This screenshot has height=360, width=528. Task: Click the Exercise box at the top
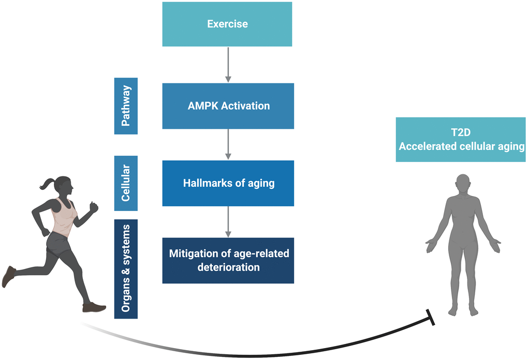point(227,24)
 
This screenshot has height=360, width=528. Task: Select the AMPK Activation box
point(228,106)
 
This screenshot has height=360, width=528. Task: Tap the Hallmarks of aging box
point(228,183)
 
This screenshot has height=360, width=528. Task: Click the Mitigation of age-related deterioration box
point(228,260)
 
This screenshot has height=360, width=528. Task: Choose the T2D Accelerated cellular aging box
point(461,140)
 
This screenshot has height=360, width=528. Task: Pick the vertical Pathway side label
point(126,106)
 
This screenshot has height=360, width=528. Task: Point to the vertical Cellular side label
point(126,183)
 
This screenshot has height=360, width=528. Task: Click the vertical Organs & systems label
point(126,268)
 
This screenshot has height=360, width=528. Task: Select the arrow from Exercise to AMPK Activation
point(228,65)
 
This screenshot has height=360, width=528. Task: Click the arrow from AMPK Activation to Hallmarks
point(228,144)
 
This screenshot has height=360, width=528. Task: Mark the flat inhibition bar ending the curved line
point(430,317)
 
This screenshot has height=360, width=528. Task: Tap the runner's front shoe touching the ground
point(95,308)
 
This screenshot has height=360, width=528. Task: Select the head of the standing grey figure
point(463,184)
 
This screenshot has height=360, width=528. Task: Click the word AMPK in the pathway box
point(201,106)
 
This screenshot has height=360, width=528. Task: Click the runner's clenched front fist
point(93,207)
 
